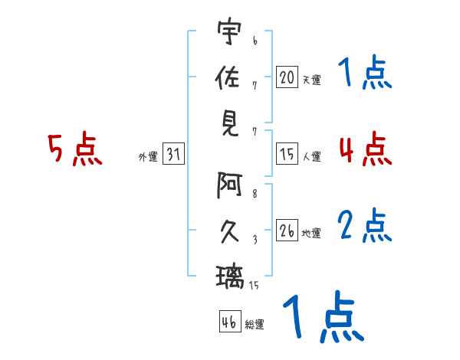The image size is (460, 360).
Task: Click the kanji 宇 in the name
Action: click(x=229, y=31)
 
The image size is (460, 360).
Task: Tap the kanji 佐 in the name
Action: click(x=228, y=77)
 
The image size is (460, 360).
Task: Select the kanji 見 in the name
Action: click(x=230, y=124)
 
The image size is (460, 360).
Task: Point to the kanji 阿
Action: click(x=229, y=185)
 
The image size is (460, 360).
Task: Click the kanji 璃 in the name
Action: click(x=230, y=277)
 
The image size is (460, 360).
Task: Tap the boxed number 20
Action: click(x=287, y=77)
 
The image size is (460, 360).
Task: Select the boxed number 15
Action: click(x=287, y=154)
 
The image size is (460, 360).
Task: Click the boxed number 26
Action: click(x=287, y=230)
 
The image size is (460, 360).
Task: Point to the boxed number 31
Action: click(x=173, y=153)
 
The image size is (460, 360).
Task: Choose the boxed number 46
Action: click(x=230, y=321)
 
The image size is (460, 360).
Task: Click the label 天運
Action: click(x=312, y=80)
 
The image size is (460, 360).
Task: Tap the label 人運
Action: click(x=312, y=156)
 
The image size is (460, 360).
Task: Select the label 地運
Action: click(x=311, y=233)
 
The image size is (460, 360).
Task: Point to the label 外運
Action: click(x=148, y=156)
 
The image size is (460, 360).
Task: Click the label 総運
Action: click(x=255, y=324)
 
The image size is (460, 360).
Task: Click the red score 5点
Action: click(x=75, y=149)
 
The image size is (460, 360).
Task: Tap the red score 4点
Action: click(x=365, y=149)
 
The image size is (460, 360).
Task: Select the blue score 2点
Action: click(x=365, y=225)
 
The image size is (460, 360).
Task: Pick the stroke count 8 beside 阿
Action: click(x=255, y=194)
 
